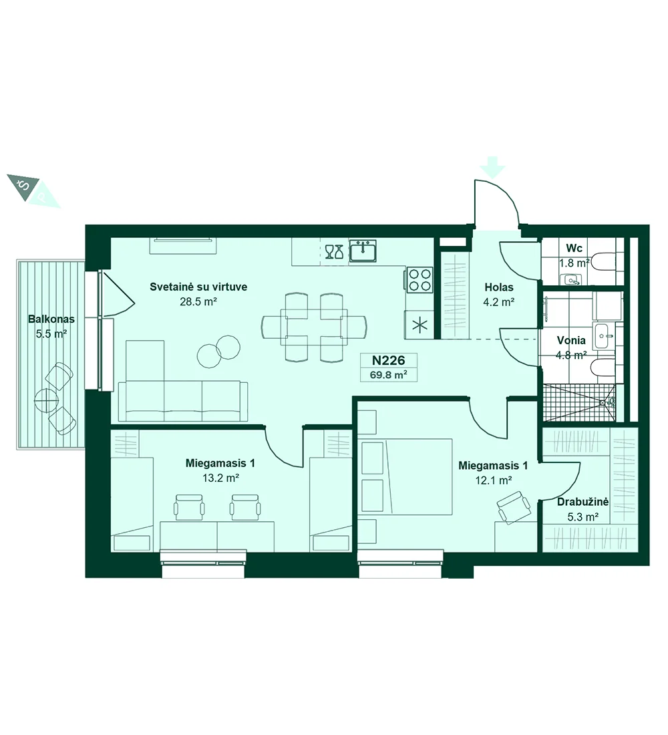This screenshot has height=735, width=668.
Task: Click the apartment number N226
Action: click(388, 360)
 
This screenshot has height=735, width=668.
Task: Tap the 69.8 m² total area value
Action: click(388, 375)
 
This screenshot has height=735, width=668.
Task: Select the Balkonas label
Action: click(51, 319)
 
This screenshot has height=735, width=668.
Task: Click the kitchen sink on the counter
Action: click(362, 251)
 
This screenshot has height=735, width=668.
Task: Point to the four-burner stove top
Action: click(420, 280)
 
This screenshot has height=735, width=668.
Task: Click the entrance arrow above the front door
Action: click(492, 167)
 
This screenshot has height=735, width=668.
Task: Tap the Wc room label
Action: click(574, 248)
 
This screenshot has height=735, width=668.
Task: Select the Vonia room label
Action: click(571, 340)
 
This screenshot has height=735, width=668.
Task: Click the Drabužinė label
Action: click(582, 502)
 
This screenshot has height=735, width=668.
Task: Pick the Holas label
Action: click(499, 287)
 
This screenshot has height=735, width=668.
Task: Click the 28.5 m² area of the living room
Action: click(198, 302)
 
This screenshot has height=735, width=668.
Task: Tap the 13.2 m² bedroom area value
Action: click(220, 478)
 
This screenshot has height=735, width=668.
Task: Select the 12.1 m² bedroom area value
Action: click(493, 480)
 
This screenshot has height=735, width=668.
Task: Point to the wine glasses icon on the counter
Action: click(334, 251)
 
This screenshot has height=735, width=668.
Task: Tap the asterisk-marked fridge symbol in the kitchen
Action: click(420, 324)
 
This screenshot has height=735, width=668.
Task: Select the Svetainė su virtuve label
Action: click(198, 287)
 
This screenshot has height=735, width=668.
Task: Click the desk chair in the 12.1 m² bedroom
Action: click(514, 507)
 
